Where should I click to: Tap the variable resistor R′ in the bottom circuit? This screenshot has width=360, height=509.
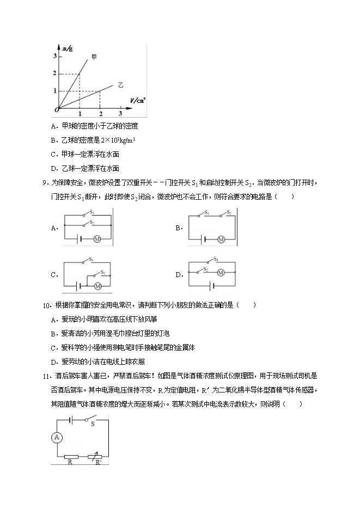click(98, 457)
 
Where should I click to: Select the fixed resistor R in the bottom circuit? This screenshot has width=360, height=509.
click(71, 457)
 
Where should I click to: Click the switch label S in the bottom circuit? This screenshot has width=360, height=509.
click(93, 424)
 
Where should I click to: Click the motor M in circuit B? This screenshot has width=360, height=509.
click(221, 238)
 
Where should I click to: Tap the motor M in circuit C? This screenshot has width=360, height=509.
click(98, 285)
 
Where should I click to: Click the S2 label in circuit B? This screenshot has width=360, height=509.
click(229, 212)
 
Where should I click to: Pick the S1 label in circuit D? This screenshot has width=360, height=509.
click(216, 259)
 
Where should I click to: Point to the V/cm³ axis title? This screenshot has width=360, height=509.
click(137, 100)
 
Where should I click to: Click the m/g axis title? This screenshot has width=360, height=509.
click(68, 50)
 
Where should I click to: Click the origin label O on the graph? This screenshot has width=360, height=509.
click(56, 110)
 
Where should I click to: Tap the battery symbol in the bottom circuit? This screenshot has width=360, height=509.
click(72, 419)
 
